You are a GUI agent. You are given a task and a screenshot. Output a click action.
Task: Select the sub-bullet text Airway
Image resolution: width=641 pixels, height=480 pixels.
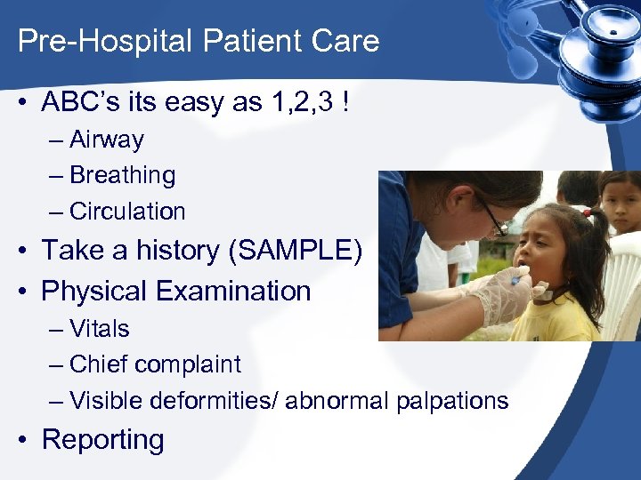coord(106,140)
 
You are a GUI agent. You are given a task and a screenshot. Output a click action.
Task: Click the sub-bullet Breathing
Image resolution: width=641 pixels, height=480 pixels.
coord(122,175)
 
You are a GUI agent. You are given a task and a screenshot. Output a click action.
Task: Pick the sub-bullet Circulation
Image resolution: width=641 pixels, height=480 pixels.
coord(127,212)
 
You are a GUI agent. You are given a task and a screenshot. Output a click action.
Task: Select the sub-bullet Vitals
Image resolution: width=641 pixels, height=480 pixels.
coord(99,328)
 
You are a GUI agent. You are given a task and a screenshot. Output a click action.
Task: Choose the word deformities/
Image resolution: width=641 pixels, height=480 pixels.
coord(213,401)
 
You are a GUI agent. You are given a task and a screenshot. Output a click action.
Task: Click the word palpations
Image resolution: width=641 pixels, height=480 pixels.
coord(452,401)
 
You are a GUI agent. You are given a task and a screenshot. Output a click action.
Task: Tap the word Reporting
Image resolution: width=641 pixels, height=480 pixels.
coord(103,440)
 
